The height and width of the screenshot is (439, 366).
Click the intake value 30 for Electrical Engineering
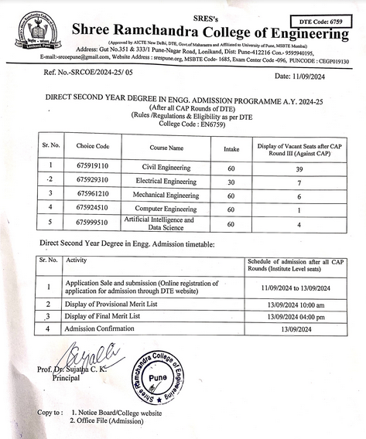230,179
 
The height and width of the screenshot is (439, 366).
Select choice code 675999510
92,224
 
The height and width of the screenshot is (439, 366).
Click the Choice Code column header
92,146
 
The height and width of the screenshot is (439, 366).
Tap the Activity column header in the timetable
77,261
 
